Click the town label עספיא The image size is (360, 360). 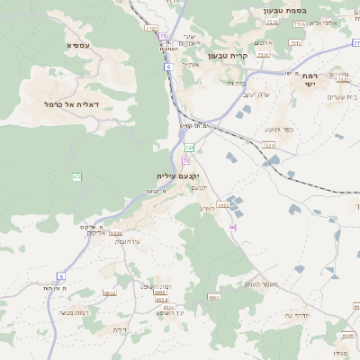pos(77,44)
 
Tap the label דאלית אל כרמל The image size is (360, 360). pos(77,104)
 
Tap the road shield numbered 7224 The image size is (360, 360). pos(268,144)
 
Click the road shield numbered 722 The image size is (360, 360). pos(189,147)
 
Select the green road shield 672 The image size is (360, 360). pos(76,177)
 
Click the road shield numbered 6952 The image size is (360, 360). pos(110,292)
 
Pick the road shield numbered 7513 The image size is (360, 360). pos(263,55)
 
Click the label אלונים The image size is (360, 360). pos(264,42)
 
